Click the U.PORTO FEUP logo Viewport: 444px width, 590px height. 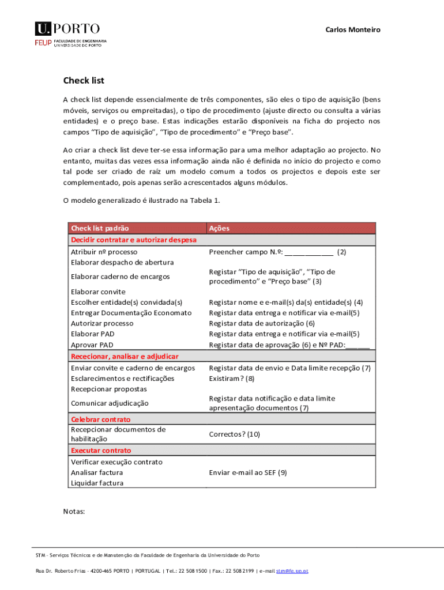coord(70,34)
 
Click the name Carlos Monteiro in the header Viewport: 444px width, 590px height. coord(353,29)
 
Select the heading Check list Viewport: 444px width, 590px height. coord(84,81)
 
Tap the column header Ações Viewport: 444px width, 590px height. coord(219,228)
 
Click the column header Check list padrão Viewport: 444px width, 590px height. coord(100,228)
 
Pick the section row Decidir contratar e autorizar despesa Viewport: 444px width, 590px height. coord(133,239)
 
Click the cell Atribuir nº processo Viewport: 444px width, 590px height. coord(104,252)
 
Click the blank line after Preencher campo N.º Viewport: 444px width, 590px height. coord(308,252)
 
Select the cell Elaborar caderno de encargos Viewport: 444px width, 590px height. coord(120,277)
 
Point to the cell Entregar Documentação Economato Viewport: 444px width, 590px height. coord(131,313)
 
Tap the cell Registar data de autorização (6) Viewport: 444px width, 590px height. coord(262,323)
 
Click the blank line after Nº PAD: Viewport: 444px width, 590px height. coord(358,345)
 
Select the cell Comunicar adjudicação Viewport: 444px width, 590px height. coord(110,403)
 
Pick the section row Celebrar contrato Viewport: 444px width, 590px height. coord(100,419)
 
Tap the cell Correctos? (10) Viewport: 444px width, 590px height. coord(234,434)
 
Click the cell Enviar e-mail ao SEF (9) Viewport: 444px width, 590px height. coord(248,472)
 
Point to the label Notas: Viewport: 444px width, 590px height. coord(74,511)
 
